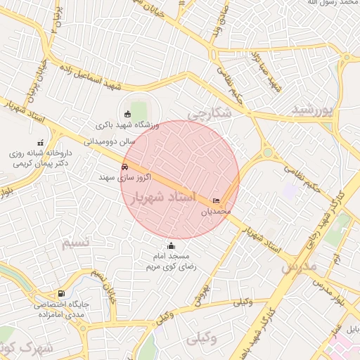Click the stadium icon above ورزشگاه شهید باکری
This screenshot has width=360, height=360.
(127, 113)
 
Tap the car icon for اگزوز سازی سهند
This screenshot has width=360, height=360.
(124, 167)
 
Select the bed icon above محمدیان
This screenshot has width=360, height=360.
(216, 201)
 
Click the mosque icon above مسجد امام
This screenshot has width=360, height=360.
(171, 246)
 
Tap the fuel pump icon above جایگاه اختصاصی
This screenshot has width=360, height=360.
(62, 293)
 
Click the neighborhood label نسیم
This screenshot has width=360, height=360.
(76, 243)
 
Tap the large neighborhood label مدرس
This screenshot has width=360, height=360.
(300, 268)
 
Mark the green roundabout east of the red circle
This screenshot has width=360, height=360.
(267, 153)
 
